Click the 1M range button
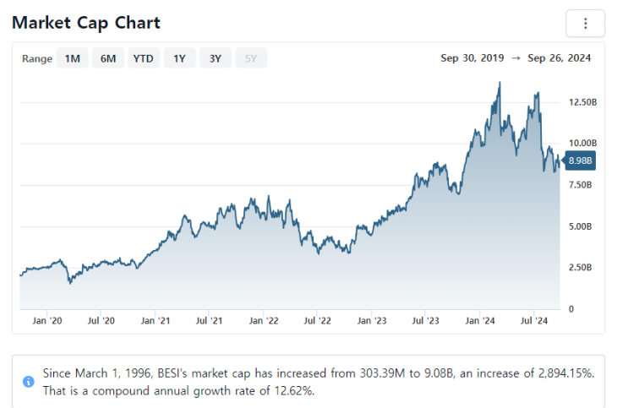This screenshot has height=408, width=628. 73,58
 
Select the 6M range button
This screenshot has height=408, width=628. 108,58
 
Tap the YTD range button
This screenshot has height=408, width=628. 144,58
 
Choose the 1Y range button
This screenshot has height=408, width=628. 179,58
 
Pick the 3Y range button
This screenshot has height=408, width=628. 216,58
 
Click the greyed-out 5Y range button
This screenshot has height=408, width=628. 251,58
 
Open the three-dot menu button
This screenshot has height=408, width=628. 585,24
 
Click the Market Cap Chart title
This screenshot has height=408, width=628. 86,23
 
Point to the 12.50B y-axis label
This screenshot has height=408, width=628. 583,102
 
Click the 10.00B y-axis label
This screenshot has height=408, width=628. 583,144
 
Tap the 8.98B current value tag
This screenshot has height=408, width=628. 580,160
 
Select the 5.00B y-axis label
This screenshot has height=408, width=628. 582,226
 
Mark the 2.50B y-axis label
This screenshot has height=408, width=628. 582,268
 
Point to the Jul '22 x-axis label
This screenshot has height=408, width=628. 317,321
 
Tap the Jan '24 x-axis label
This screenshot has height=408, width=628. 480,321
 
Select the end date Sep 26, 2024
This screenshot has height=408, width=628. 559,58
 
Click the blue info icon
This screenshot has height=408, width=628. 29,381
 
